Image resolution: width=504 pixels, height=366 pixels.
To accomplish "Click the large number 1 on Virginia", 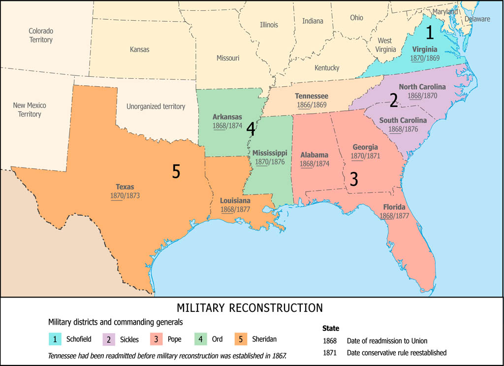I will coord(430,33).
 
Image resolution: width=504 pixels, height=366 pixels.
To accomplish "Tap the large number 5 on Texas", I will coord(176,171).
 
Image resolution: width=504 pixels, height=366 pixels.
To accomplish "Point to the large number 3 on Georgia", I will coord(354,179).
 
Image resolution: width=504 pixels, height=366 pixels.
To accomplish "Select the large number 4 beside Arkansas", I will coord(251,129).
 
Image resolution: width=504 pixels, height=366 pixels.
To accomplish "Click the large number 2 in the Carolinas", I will coord(394,100).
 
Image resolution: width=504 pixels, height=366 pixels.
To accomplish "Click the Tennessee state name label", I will coord(312,96).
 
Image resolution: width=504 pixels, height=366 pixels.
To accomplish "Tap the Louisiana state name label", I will coord(235,201).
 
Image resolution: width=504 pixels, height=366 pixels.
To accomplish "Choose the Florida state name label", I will coord(392,207).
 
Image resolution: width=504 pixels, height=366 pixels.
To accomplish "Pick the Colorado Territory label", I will coord(40,35).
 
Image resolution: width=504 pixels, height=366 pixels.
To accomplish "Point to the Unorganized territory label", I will coord(156,106).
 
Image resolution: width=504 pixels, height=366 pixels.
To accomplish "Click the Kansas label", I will coord(139,49).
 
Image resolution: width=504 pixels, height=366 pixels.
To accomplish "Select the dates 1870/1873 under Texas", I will coord(125,196).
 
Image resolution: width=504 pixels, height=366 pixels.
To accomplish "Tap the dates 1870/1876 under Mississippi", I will coord(270,162).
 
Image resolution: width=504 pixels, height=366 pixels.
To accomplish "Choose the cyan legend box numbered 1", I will coord(55,339).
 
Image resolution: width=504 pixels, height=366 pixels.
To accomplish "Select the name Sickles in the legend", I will coord(129,339).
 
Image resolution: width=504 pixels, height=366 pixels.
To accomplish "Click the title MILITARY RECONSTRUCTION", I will coord(250,308).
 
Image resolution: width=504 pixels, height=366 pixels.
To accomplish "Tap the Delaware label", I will coord(477,19).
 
